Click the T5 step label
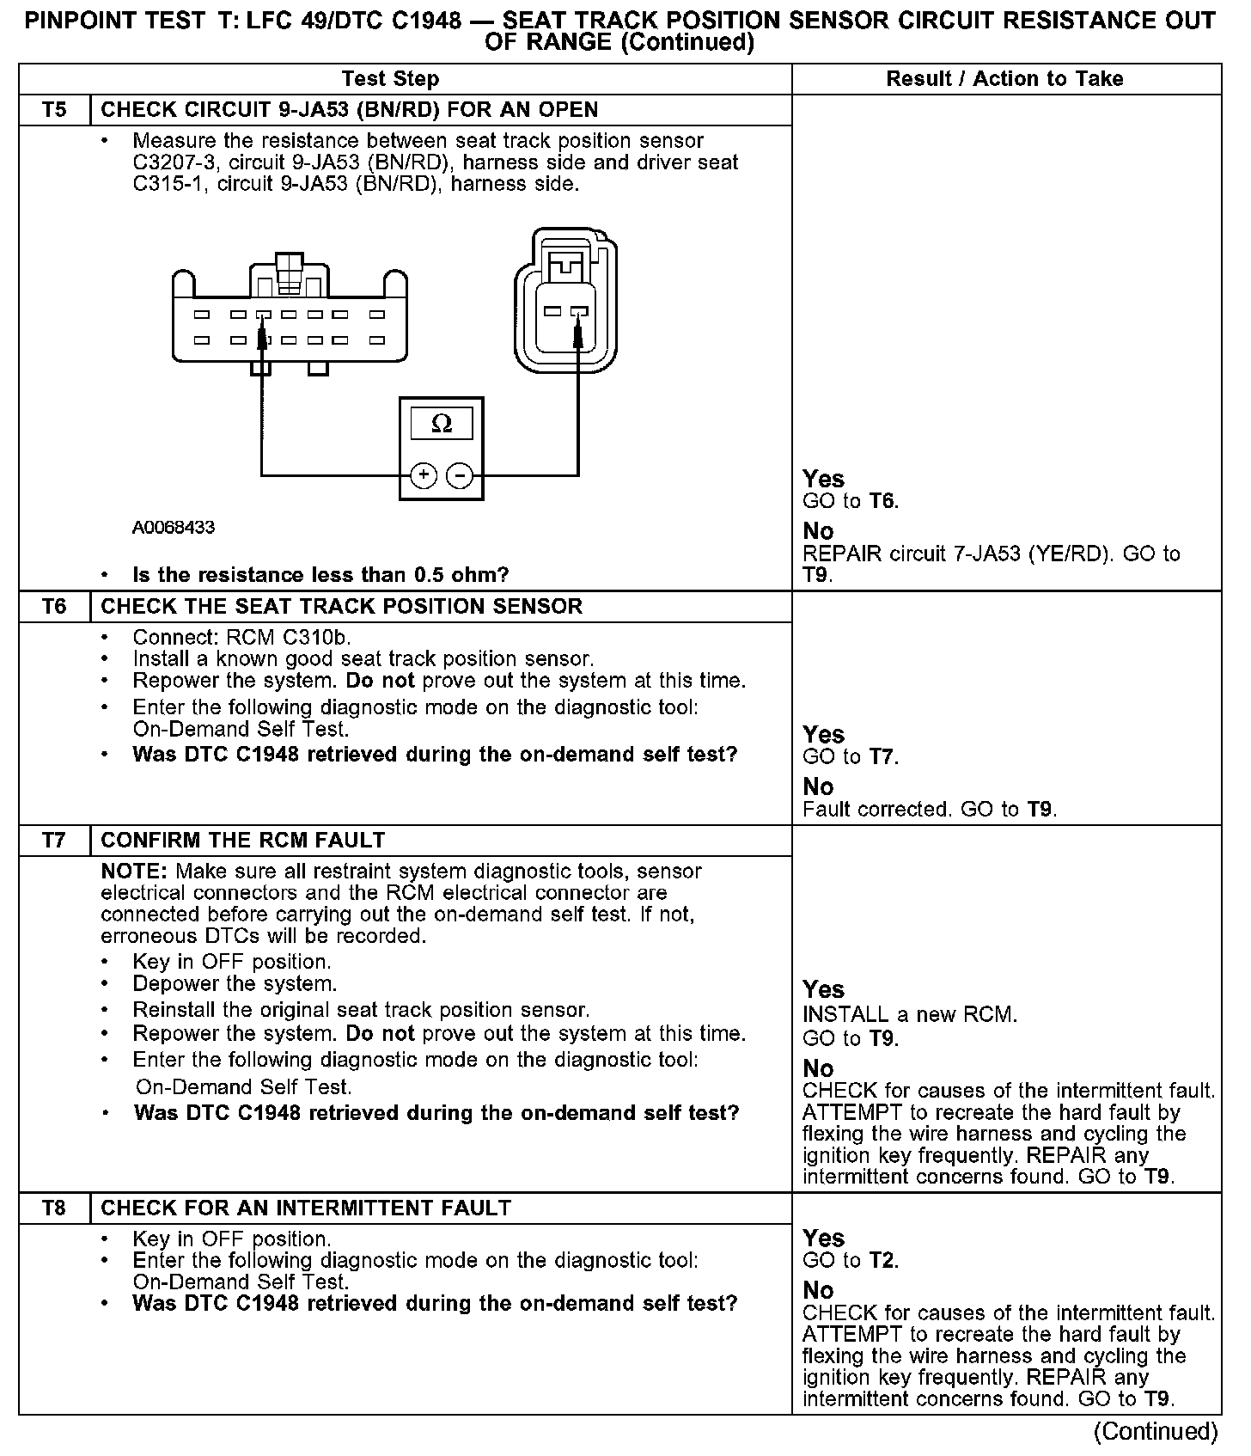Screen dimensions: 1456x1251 pos(53,110)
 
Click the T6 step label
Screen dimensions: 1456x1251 pos(53,607)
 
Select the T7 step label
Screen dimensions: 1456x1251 pos(53,841)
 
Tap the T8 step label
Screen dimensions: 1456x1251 pos(53,1208)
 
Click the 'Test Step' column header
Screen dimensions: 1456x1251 pos(390,79)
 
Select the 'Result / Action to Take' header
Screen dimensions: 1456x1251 pos(1004,79)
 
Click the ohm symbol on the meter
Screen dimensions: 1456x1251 pos(441,423)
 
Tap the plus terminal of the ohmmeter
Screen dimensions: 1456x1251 pos(423,474)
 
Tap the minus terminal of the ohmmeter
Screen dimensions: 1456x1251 pos(461,474)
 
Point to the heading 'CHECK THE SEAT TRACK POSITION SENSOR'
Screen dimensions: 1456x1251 pos(341,607)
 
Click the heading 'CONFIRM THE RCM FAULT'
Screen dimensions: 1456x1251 pos(242,841)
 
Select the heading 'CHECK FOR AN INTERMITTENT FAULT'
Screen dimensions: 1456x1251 pos(306,1208)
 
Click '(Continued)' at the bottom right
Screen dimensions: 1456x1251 pos(1156,1431)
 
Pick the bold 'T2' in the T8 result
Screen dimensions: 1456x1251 pos(882,1261)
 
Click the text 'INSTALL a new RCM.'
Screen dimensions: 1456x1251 pos(910,1015)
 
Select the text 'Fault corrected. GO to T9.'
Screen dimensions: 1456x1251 pos(930,810)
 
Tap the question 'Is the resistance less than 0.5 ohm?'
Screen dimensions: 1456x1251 pos(320,575)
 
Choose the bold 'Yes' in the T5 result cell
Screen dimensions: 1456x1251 pos(823,479)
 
